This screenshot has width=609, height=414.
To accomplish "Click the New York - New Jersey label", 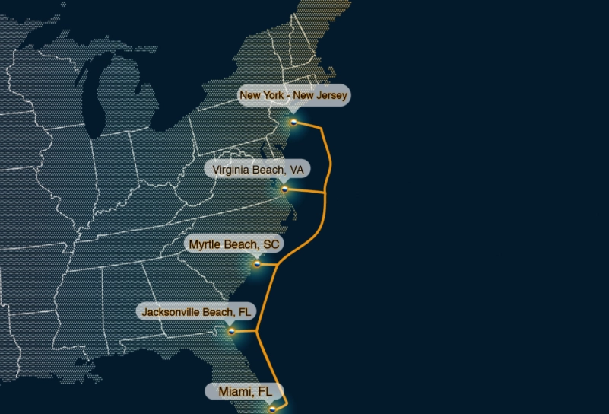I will point(293,96).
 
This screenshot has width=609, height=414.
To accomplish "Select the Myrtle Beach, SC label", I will point(234,244).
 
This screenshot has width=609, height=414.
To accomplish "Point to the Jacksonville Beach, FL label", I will point(196,312).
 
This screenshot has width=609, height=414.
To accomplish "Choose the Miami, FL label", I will point(246,391).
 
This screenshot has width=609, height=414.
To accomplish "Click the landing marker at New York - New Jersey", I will point(294,122).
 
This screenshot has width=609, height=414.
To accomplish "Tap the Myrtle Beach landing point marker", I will point(257,263).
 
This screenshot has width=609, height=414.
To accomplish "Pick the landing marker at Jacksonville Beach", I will point(232,331).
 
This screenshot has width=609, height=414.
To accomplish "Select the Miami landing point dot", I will point(272,409).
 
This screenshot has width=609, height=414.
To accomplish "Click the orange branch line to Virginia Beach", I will point(306,191).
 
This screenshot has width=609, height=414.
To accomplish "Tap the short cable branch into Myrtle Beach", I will point(267,263).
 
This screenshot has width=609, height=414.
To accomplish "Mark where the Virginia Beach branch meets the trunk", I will point(327,193).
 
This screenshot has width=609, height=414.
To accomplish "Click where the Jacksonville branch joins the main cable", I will point(257,331).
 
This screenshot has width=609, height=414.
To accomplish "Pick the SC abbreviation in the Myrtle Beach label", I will point(271,244).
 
